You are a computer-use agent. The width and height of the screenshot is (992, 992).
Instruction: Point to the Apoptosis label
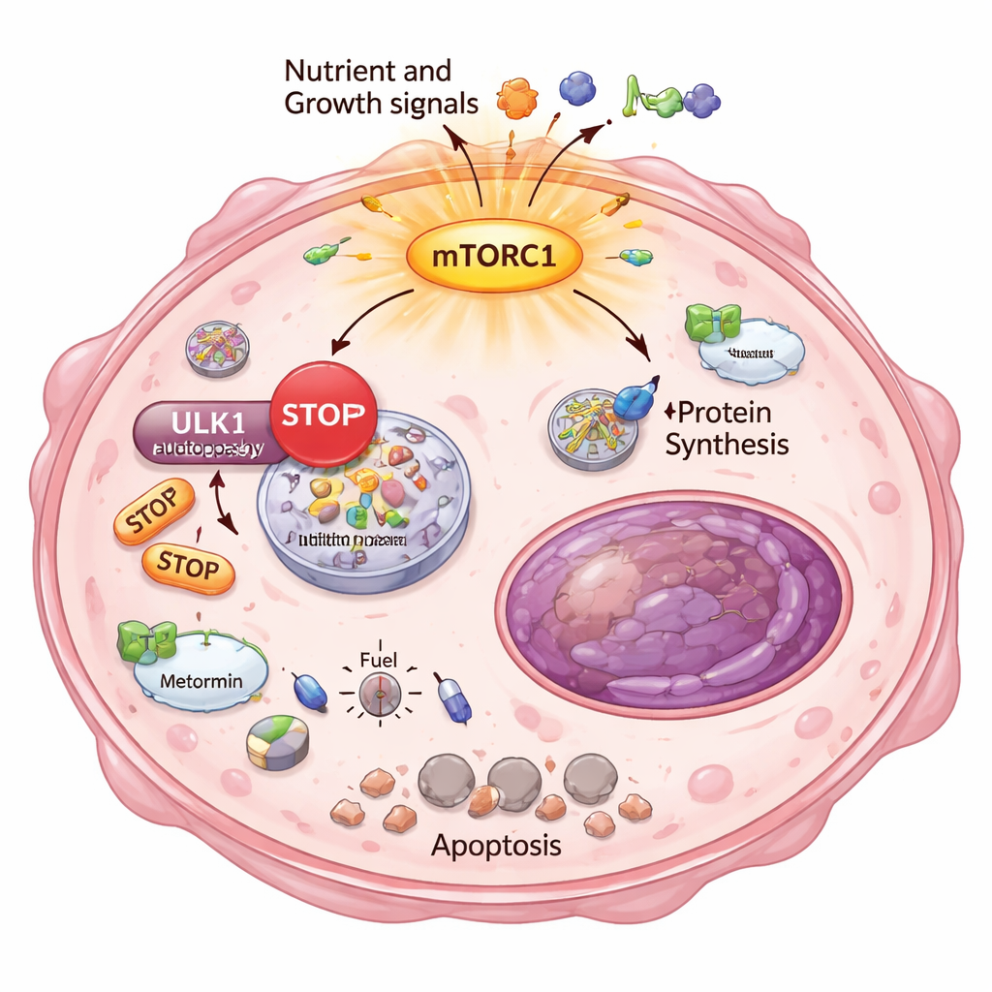tap(496, 845)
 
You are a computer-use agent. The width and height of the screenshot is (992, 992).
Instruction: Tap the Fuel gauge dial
tap(378, 693)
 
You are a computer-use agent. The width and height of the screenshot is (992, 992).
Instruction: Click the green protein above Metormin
tap(144, 641)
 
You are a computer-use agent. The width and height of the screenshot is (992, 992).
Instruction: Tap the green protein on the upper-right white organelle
tap(713, 324)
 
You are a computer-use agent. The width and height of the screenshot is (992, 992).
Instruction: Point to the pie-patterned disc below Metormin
tap(278, 744)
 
